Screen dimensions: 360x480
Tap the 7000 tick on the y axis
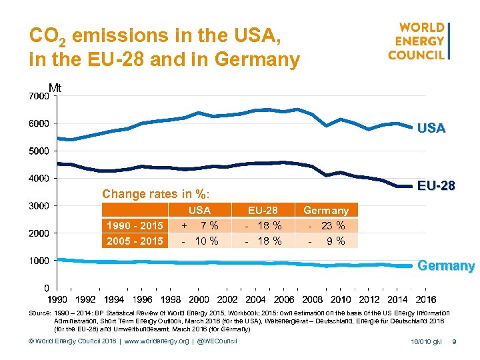tap(39, 97)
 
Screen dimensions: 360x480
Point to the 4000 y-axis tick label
tap(39, 179)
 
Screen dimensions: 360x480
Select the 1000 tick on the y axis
tap(39, 261)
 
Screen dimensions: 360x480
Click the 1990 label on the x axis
tap(57, 300)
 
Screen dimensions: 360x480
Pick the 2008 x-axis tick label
tap(312, 300)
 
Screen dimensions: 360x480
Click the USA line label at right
tap(431, 129)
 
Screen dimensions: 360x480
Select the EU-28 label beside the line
tap(436, 186)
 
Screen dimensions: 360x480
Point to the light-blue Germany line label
tap(445, 266)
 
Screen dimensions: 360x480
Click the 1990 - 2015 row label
tap(135, 226)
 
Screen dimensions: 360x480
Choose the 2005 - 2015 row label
tap(135, 241)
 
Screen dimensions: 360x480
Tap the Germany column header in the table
tap(326, 211)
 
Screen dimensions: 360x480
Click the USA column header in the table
tap(200, 211)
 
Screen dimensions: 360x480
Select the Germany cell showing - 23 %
tap(326, 226)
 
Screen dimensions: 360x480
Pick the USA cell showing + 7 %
tap(200, 226)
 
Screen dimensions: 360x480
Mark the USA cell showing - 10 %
tap(200, 241)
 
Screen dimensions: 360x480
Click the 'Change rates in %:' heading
tap(155, 194)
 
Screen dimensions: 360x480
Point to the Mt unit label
tap(55, 87)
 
